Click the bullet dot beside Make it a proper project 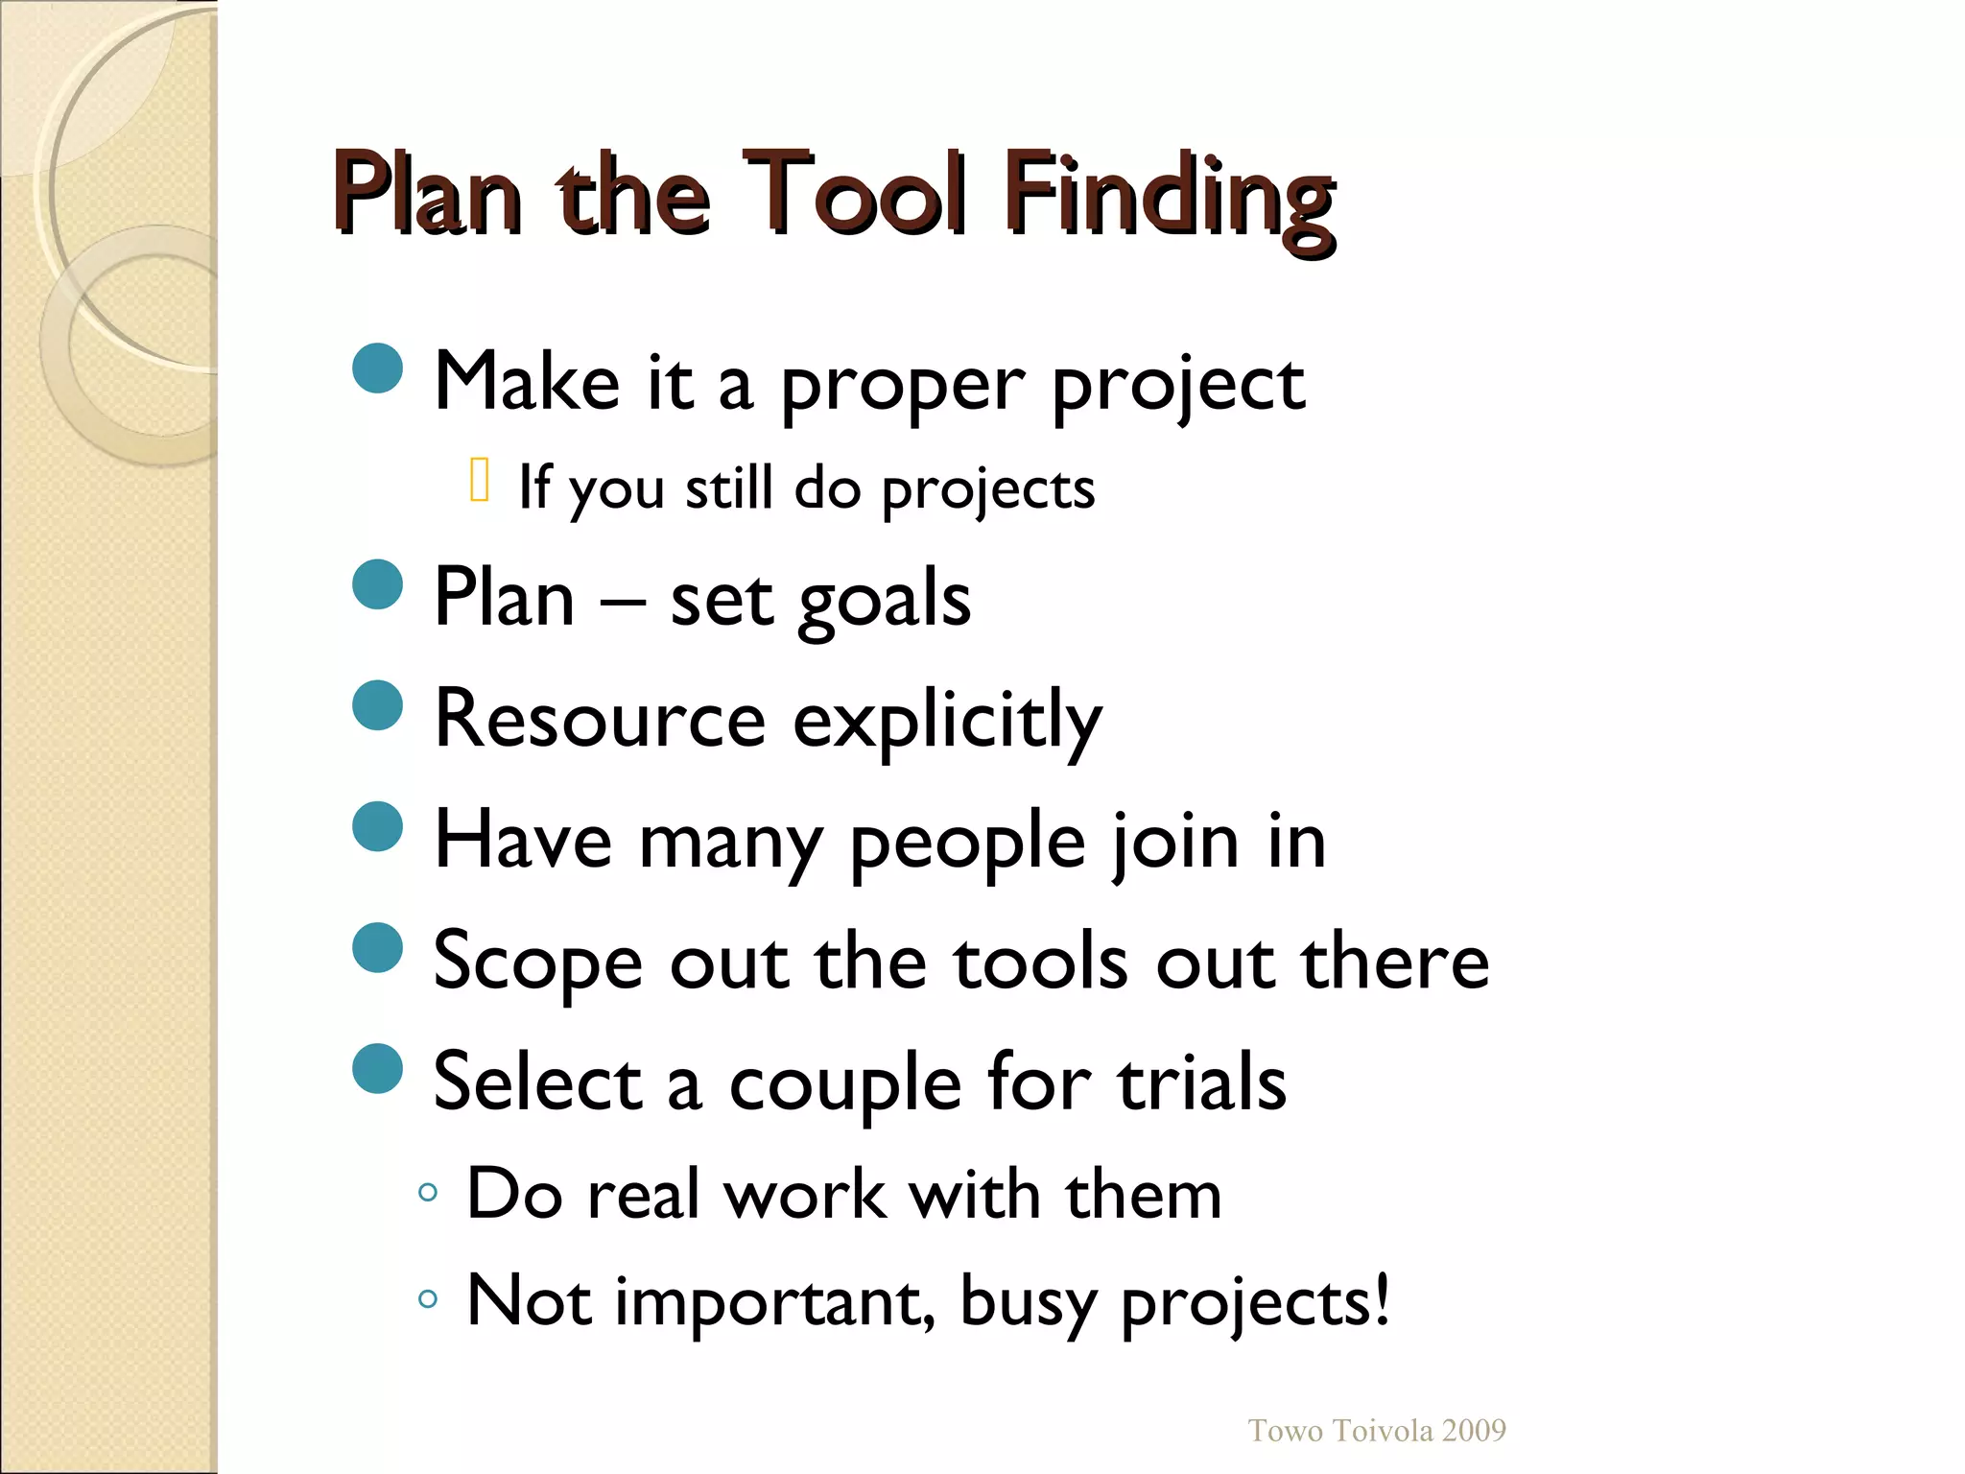pyautogui.click(x=377, y=368)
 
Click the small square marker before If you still pyautogui.click(x=481, y=481)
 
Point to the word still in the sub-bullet pyautogui.click(x=728, y=488)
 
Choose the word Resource pyautogui.click(x=600, y=720)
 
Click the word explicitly pyautogui.click(x=947, y=722)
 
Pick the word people pyautogui.click(x=968, y=844)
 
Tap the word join pyautogui.click(x=1176, y=844)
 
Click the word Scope pyautogui.click(x=537, y=963)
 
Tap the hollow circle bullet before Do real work pyautogui.click(x=428, y=1194)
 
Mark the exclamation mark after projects pyautogui.click(x=1381, y=1299)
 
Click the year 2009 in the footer pyautogui.click(x=1473, y=1431)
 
